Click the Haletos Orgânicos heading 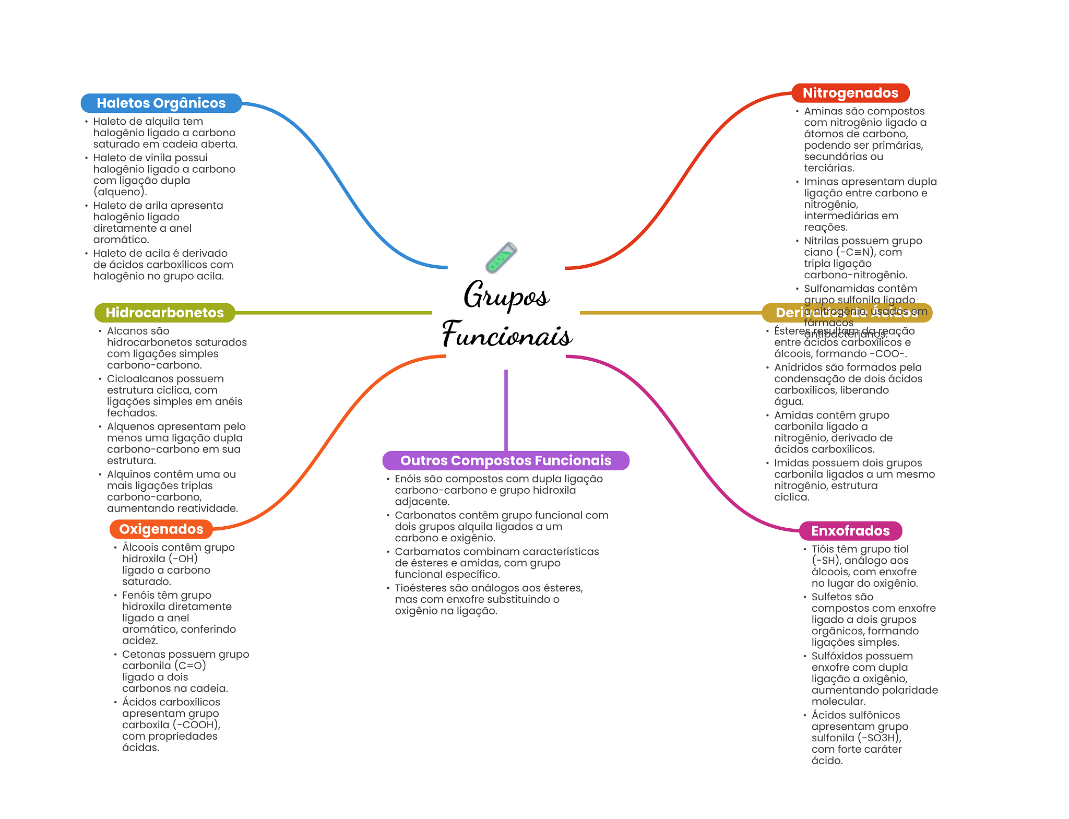(161, 103)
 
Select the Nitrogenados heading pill (850, 93)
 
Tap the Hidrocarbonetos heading (164, 313)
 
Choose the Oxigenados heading (161, 529)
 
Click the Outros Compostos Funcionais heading (505, 460)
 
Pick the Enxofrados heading (850, 531)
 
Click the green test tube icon (501, 257)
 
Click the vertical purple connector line (506, 410)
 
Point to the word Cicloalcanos (139, 379)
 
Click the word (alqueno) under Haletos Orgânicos (120, 192)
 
